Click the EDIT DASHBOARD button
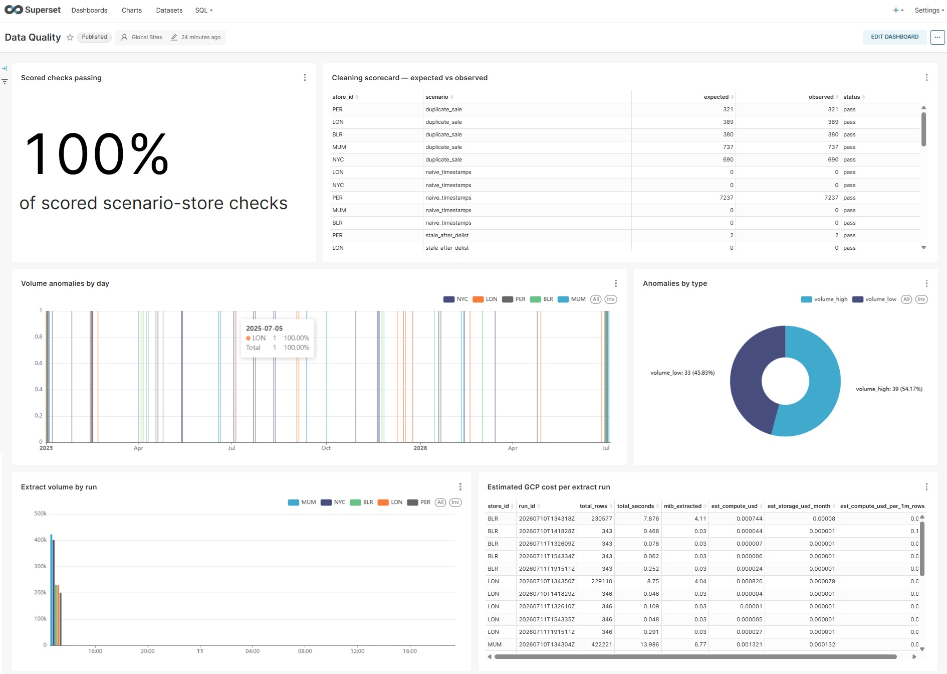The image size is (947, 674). coord(894,37)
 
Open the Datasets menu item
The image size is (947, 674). coord(169,10)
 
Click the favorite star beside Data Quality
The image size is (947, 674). coord(70,38)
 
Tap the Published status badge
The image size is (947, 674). coord(94,37)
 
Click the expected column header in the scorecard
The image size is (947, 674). coord(716,97)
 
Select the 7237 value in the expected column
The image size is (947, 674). coord(726,198)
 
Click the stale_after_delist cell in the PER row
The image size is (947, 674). coord(447,235)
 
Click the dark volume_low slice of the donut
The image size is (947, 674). coord(747,381)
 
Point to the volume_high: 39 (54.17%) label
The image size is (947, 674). coord(889,389)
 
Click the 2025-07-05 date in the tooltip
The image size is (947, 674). coord(264,328)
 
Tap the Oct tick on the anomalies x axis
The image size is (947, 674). coord(326,448)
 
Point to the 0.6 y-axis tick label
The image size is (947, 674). coord(39,363)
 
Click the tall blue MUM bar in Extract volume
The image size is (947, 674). coord(51,590)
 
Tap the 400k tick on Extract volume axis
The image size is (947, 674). coord(40,540)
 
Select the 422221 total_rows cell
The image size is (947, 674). coord(601,644)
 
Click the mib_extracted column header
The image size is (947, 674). coord(682,506)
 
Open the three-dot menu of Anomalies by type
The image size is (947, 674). coord(926,283)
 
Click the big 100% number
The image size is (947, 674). coord(97,154)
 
